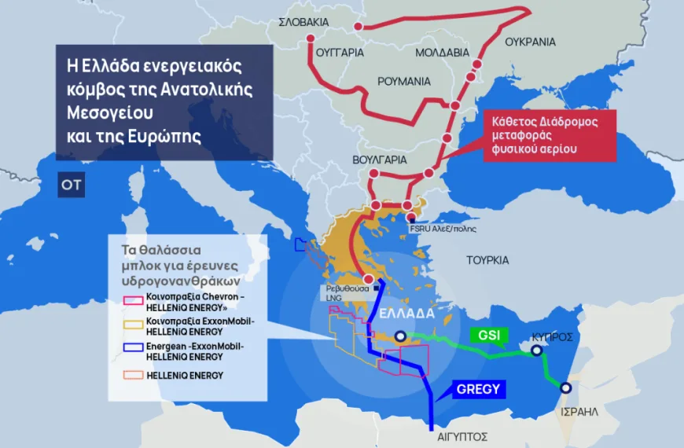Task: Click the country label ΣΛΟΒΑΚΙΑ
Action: (x=303, y=23)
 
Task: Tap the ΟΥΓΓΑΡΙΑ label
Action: (x=340, y=53)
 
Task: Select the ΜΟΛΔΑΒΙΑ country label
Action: (x=443, y=53)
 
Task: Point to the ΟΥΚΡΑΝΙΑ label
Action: (x=530, y=42)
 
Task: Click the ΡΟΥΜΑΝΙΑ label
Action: (x=404, y=81)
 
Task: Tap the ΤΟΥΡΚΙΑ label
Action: (x=487, y=259)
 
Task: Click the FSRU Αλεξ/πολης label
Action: (x=443, y=229)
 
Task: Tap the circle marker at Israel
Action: (x=565, y=387)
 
